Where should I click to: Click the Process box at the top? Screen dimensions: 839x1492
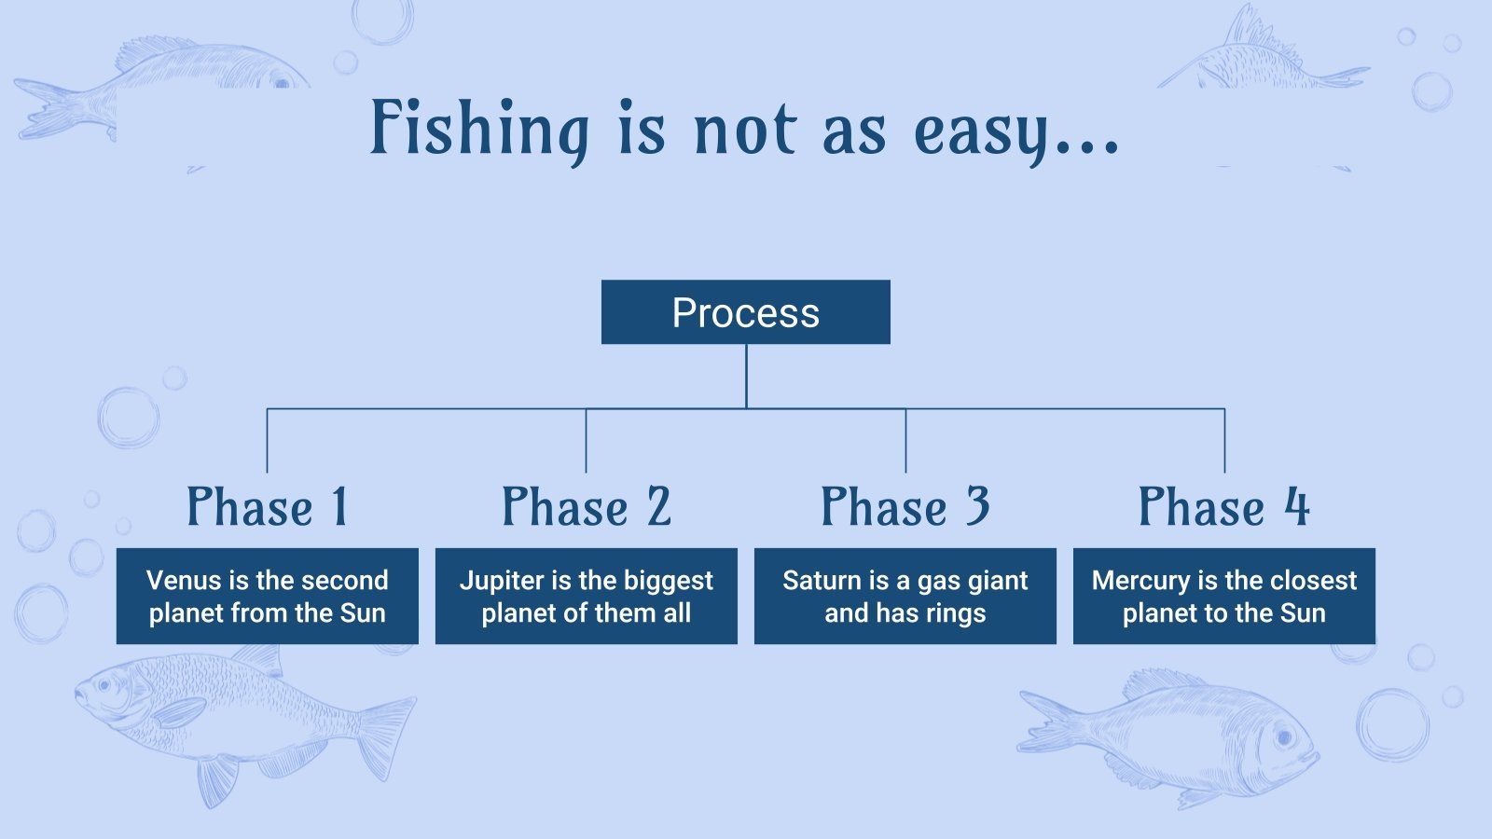[745, 312]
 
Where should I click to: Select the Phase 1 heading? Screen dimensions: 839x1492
[268, 507]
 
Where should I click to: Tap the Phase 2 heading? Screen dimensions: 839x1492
[587, 507]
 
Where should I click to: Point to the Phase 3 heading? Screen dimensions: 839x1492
[905, 507]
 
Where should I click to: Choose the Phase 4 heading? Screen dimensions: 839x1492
[1223, 507]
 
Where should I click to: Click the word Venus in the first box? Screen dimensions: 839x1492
[184, 580]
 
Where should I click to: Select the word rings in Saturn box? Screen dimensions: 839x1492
[956, 613]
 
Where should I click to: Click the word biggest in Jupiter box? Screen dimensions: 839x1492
[669, 580]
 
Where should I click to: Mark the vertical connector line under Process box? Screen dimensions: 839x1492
[746, 376]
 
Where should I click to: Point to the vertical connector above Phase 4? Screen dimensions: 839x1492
[1224, 440]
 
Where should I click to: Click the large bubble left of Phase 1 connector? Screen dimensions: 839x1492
[128, 418]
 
